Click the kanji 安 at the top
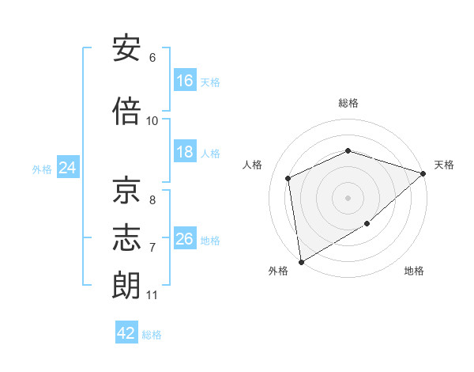pos(126,47)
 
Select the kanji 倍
pos(126,111)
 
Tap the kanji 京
pos(126,190)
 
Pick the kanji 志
pos(126,237)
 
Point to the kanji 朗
pos(126,285)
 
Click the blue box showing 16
pos(185,80)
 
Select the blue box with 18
pos(185,151)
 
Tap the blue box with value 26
pos(185,237)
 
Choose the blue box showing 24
pos(68,167)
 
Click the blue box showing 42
pos(126,332)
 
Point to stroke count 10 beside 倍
pos(152,121)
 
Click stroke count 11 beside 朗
pos(152,295)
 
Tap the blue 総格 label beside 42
pos(152,335)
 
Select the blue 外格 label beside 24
pos(42,169)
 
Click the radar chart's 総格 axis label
pos(348,103)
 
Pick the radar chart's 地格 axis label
pos(414,271)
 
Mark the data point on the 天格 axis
pos(423,173)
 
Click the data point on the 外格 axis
pos(302,262)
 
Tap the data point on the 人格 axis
pos(288,178)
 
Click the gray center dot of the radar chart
pos(348,198)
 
